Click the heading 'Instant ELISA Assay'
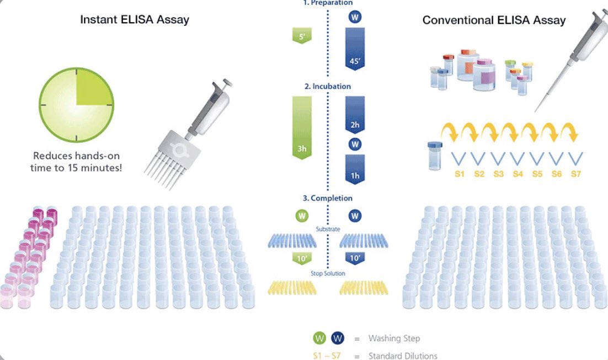[135, 19]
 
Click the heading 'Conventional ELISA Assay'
[494, 20]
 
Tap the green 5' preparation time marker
[302, 38]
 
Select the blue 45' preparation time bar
[354, 49]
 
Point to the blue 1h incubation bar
[355, 169]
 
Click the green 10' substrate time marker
[302, 258]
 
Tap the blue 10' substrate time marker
[355, 258]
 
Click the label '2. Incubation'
[327, 87]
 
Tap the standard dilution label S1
[460, 174]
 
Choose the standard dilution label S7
[575, 174]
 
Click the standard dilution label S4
[518, 174]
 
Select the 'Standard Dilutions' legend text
[402, 356]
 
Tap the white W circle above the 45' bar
[355, 17]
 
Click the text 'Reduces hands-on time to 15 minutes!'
[76, 162]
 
